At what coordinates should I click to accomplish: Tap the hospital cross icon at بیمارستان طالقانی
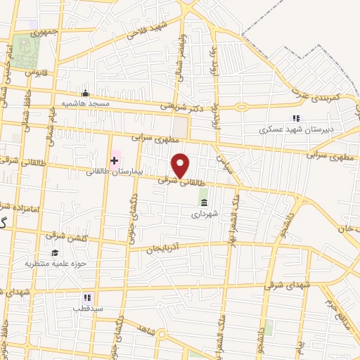point(114,161)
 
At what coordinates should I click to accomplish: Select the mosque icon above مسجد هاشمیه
point(86,94)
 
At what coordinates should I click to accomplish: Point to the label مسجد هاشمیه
point(86,103)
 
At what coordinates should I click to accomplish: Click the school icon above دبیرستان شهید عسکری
point(297,119)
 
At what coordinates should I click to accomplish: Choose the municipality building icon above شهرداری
point(204,203)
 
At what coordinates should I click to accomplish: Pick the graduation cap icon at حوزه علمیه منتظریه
point(54,253)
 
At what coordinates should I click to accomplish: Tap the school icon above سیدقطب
point(87,298)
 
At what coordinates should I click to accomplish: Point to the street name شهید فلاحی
point(148,29)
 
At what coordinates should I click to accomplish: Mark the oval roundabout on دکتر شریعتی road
point(243,108)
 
